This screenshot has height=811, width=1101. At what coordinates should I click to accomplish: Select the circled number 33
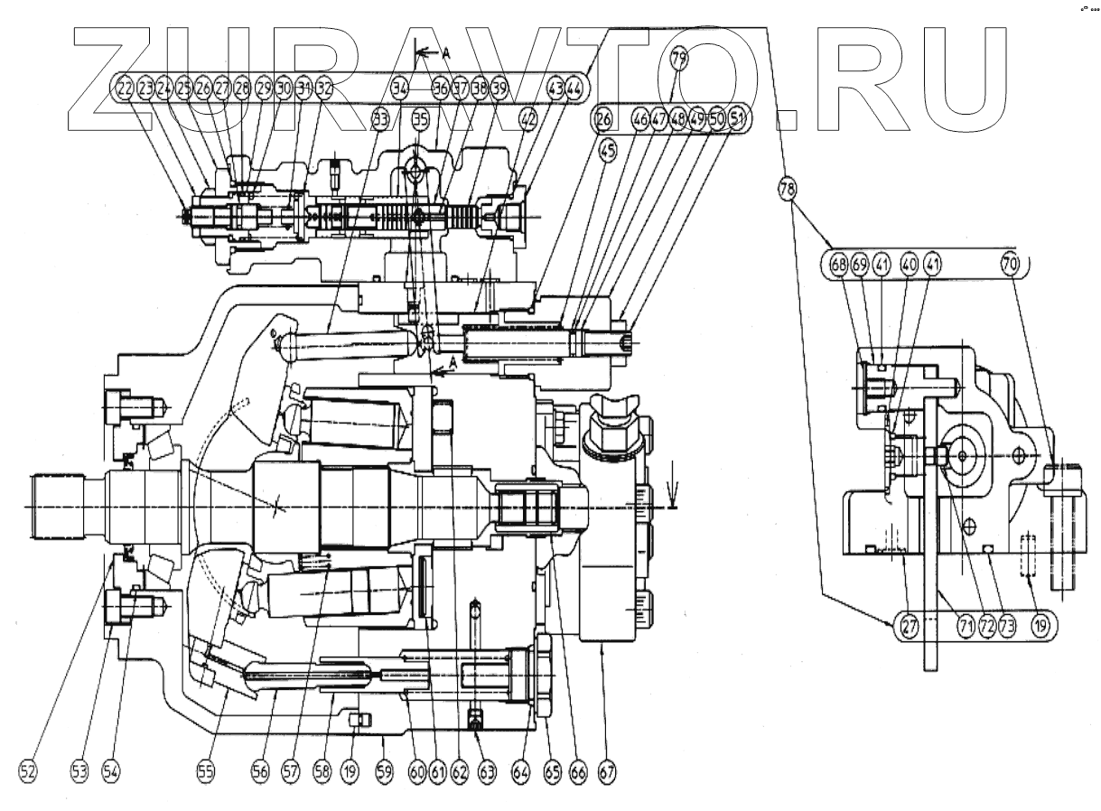pyautogui.click(x=380, y=117)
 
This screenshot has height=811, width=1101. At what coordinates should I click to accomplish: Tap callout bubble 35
pyautogui.click(x=420, y=117)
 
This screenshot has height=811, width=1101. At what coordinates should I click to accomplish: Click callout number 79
pyautogui.click(x=678, y=61)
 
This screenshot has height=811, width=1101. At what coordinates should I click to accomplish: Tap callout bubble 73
pyautogui.click(x=1007, y=624)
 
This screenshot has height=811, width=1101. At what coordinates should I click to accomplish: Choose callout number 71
pyautogui.click(x=966, y=624)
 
